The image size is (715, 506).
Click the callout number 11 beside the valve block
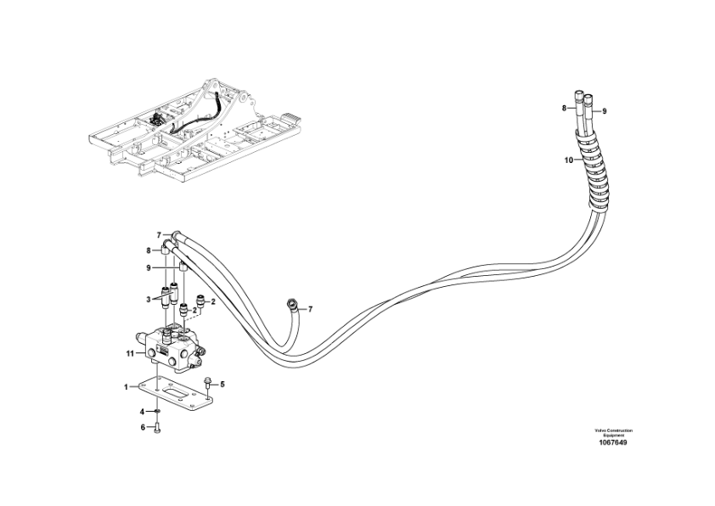click(x=130, y=352)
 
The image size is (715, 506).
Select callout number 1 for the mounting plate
click(x=126, y=387)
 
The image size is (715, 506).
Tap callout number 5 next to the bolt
click(x=222, y=384)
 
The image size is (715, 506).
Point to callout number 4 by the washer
click(x=143, y=413)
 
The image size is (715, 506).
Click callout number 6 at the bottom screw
click(x=143, y=427)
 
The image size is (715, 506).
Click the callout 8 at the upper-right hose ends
click(x=563, y=108)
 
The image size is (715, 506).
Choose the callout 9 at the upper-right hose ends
click(x=605, y=111)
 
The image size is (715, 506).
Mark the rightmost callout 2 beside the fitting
click(x=213, y=301)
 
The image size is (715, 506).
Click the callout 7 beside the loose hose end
click(x=309, y=309)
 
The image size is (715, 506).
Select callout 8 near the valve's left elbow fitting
click(x=148, y=250)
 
